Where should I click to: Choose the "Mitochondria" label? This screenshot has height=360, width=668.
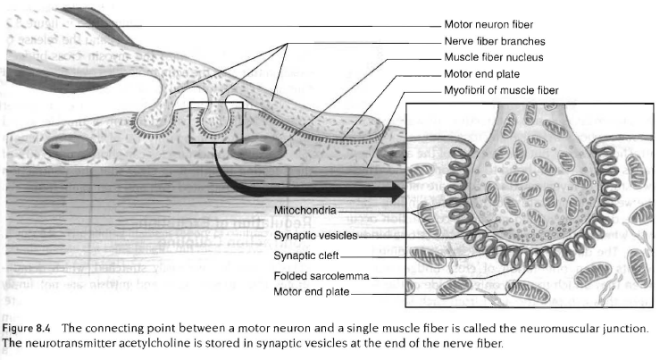(305, 211)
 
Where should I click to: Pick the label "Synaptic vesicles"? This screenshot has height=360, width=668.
(315, 235)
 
